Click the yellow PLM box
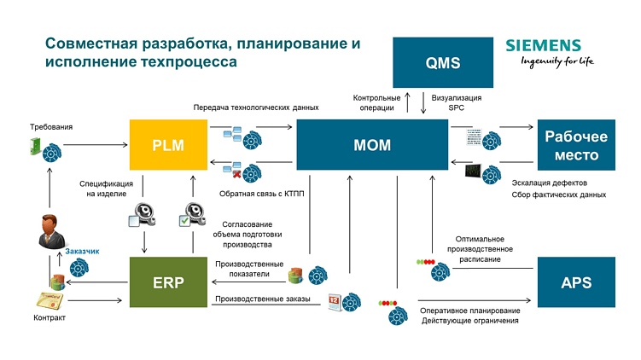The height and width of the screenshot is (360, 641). [168, 144]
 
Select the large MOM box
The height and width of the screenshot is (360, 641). [372, 144]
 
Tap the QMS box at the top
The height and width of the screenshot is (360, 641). [442, 63]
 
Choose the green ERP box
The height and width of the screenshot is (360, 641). [168, 282]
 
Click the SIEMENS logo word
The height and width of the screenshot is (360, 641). [543, 46]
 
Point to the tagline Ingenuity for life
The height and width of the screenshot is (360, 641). [551, 62]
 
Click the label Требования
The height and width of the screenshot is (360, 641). [50, 127]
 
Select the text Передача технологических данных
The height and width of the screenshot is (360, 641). [256, 108]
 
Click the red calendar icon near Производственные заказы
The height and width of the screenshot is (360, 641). [335, 300]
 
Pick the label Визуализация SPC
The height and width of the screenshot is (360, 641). [457, 103]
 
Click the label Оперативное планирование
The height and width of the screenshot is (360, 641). [468, 310]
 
